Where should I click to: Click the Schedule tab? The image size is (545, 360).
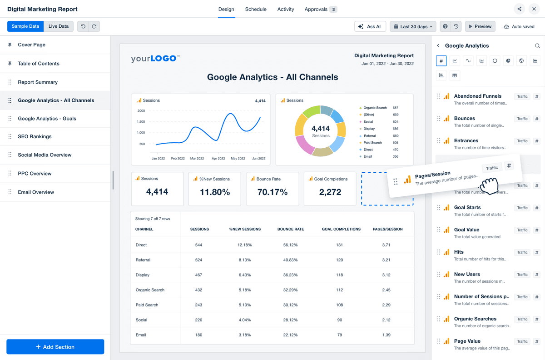point(256,9)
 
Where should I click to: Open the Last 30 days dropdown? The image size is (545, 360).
point(413,26)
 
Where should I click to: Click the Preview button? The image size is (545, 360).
point(480,26)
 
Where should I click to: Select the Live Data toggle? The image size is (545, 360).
point(59,26)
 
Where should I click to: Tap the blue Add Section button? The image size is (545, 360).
point(55,347)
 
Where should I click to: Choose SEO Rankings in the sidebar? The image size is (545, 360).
point(35,136)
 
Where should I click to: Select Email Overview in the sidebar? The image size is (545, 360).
point(36,192)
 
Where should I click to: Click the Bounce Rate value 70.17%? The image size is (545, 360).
point(272,192)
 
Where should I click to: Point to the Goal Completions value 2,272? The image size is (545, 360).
point(330,192)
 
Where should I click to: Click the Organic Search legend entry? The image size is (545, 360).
point(375,108)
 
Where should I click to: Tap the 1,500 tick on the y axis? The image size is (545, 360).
point(140,122)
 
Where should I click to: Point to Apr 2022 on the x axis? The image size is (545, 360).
point(218,159)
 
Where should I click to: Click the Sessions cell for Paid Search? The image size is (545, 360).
point(199,305)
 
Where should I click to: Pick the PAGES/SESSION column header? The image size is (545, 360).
point(387,229)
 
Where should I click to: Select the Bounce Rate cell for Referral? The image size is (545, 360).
point(290,260)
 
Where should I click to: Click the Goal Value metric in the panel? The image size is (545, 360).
point(466,230)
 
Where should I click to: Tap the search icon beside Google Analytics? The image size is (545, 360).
point(537,46)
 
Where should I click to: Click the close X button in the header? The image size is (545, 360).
point(534,9)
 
